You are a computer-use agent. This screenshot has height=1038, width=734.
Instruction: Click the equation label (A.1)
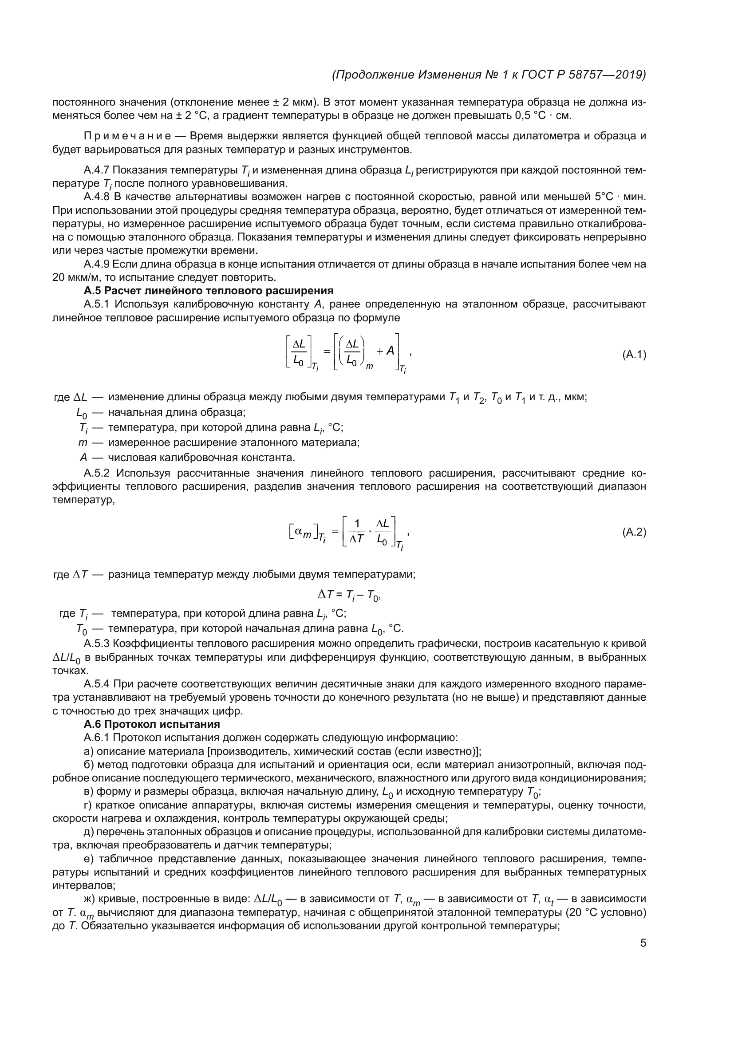point(634,355)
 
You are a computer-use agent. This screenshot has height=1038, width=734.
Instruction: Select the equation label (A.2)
point(634,533)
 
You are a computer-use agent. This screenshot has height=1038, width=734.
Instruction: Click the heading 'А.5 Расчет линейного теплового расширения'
point(209,291)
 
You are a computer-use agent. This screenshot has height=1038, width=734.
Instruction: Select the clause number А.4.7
point(97,170)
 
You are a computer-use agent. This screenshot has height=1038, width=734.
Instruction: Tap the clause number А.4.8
point(97,197)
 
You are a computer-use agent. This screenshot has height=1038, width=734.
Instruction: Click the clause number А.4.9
point(97,264)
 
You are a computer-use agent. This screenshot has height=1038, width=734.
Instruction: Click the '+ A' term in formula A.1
point(385,351)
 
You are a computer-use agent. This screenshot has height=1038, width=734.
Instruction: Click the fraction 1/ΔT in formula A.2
point(357,532)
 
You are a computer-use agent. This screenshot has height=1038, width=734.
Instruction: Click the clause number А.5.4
point(97,684)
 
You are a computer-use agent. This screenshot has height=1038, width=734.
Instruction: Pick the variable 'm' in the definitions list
point(82,442)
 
